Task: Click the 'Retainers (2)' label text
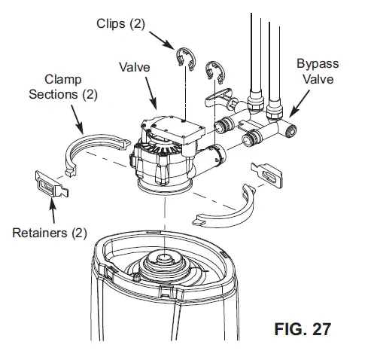click(50, 232)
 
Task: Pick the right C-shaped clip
click(215, 72)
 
